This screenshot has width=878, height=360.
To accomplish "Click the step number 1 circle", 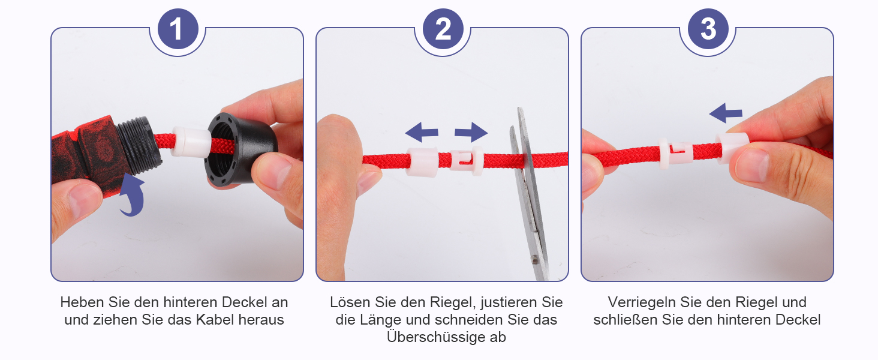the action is [178, 29].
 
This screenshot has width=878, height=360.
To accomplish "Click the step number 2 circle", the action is [443, 29].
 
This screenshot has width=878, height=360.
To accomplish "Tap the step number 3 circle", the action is [708, 29].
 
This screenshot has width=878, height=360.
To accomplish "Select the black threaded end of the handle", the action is [139, 145].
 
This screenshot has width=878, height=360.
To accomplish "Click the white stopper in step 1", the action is [191, 142].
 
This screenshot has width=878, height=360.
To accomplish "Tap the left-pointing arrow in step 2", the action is [422, 132].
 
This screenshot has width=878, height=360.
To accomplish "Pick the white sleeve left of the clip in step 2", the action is [422, 162].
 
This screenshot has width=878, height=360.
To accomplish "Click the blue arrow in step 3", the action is [726, 113].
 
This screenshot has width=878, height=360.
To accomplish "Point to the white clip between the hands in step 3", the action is [675, 152].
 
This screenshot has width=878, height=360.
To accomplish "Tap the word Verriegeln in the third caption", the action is [642, 302].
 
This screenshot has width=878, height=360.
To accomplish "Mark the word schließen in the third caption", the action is [626, 320].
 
